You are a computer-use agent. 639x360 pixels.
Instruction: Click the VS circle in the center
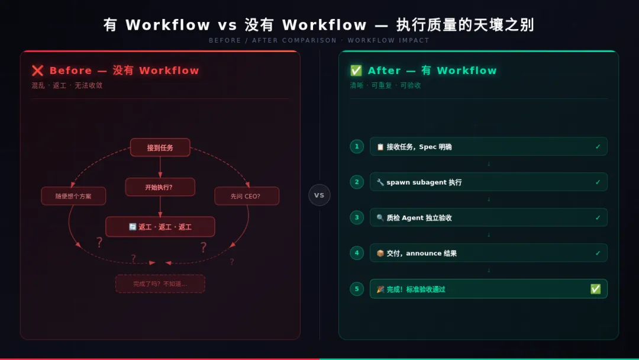tap(319, 195)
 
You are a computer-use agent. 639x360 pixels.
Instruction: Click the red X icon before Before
tap(38, 71)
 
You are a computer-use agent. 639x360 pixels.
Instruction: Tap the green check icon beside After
tap(356, 71)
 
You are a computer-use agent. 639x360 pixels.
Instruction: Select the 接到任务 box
tap(160, 147)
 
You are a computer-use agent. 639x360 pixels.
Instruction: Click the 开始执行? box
tap(160, 187)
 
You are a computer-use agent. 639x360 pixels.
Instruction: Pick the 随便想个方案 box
tap(73, 196)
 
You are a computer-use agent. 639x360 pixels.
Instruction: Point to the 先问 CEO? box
tap(246, 196)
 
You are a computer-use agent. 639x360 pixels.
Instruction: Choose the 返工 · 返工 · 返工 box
tap(160, 227)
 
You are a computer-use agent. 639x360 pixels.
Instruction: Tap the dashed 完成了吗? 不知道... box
tap(160, 284)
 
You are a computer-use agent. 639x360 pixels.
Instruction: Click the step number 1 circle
tap(357, 146)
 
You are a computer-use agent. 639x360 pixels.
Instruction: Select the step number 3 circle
tap(357, 217)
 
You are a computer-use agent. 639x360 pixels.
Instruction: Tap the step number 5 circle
tap(357, 289)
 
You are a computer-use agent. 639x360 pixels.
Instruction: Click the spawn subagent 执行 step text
tap(424, 182)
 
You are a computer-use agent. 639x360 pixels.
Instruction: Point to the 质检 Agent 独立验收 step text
tap(419, 218)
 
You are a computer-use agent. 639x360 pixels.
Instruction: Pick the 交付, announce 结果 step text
tap(422, 253)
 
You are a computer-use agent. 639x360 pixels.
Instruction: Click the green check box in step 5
tap(595, 289)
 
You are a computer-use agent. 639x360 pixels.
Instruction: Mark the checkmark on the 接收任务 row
tap(598, 147)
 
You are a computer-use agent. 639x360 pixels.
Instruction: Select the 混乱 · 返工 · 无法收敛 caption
tap(67, 86)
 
